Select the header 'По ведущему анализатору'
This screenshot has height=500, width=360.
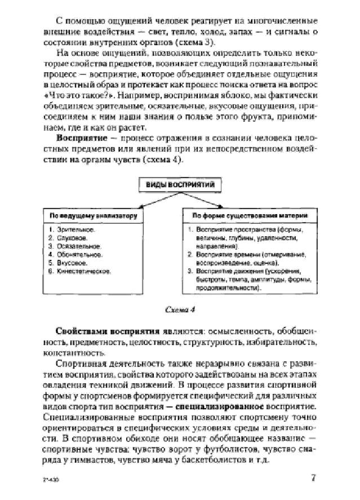90,215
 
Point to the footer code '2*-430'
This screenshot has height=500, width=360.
50,480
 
